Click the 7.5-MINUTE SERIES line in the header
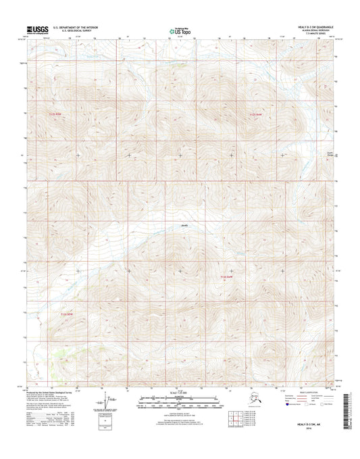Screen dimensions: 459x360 [319, 34]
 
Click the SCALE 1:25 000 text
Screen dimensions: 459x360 [180, 393]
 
